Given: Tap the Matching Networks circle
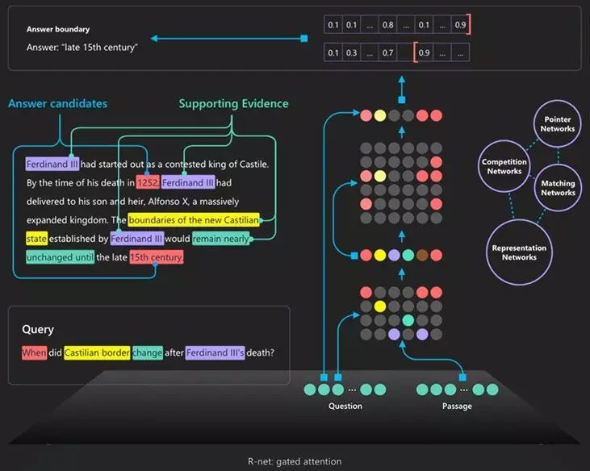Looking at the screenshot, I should click(x=558, y=188).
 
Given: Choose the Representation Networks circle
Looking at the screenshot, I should click(x=519, y=252).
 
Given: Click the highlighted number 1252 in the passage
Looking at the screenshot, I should click(x=148, y=182).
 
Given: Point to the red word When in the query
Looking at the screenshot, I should click(x=35, y=352).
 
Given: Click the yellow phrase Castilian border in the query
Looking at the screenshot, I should click(x=96, y=352).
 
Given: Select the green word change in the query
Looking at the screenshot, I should click(x=148, y=352).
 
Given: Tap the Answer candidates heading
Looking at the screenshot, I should click(x=58, y=103).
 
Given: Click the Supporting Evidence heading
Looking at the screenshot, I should click(x=233, y=103).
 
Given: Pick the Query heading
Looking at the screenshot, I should click(x=38, y=329).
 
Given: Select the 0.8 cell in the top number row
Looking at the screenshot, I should click(x=388, y=26).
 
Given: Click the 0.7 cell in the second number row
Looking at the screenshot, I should click(x=388, y=53).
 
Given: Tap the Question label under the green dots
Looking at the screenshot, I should click(x=345, y=406).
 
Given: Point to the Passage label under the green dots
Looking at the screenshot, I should click(x=457, y=406).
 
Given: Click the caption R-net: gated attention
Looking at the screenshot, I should click(x=295, y=461).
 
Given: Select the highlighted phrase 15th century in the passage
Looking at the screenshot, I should click(x=157, y=257).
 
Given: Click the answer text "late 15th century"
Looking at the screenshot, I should click(x=82, y=47).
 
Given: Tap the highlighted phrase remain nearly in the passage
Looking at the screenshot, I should click(x=220, y=239).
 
